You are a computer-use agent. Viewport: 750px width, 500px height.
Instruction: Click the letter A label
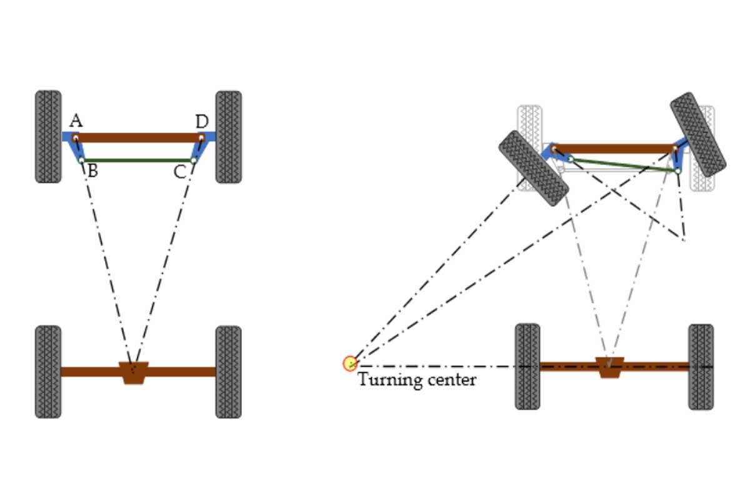click(x=76, y=121)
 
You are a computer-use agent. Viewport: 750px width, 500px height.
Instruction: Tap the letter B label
click(x=92, y=171)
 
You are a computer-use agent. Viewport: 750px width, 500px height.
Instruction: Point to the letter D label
click(x=201, y=121)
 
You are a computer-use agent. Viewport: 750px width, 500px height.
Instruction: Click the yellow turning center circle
click(x=350, y=364)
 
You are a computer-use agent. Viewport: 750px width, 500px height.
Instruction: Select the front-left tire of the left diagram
click(x=48, y=136)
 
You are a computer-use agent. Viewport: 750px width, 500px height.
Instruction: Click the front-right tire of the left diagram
click(x=228, y=136)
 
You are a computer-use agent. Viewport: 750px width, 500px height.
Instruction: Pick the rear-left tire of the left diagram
click(x=48, y=371)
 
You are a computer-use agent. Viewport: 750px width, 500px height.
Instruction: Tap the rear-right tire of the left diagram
click(x=228, y=371)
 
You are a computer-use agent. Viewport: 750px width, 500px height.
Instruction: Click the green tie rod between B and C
click(x=137, y=161)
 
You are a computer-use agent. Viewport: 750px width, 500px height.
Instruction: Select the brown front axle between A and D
click(x=137, y=137)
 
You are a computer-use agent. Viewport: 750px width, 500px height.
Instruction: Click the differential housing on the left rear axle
click(x=133, y=372)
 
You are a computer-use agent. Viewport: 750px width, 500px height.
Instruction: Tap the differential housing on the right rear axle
click(x=609, y=367)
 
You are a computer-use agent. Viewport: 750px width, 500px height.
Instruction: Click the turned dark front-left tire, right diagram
click(x=533, y=168)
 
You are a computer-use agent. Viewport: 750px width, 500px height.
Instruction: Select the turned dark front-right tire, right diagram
click(x=697, y=134)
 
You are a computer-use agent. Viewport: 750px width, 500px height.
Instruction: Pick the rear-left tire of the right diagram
click(x=527, y=366)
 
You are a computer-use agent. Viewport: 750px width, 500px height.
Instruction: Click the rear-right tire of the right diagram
click(x=701, y=366)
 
